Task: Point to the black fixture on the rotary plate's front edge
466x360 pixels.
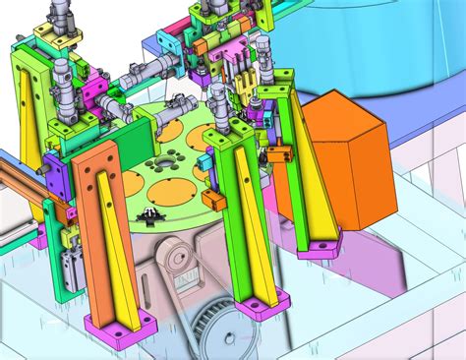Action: pyautogui.click(x=149, y=215)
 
